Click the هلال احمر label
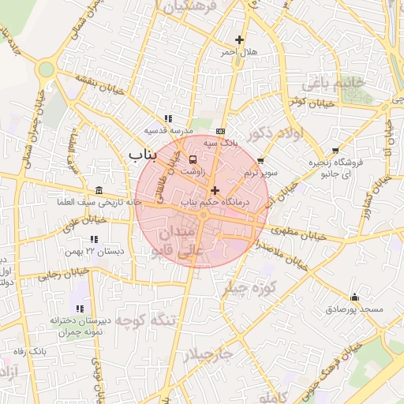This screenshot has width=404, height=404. click(x=239, y=52)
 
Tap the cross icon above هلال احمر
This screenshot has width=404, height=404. click(x=240, y=39)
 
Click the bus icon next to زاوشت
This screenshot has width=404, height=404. click(x=194, y=159)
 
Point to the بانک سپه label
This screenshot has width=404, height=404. click(x=220, y=144)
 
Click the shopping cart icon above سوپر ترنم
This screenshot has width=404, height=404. click(x=260, y=160)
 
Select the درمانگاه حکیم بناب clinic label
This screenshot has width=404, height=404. click(x=215, y=203)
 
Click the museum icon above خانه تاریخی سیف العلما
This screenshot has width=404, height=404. click(x=97, y=192)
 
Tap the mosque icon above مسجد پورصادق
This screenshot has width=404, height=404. click(x=354, y=297)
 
